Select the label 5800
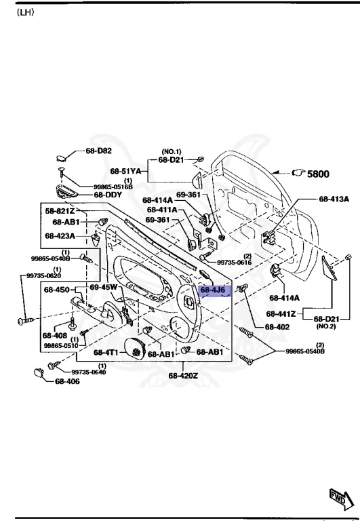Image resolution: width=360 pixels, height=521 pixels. (x=318, y=174)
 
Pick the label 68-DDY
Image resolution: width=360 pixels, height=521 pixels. (x=107, y=195)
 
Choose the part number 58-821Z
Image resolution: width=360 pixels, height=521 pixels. (x=59, y=212)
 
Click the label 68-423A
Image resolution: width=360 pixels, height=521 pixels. (x=60, y=236)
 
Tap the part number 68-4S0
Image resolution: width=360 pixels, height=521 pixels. (x=58, y=290)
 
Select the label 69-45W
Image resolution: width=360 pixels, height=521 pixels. (x=104, y=288)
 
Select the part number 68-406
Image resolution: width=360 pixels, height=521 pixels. (x=68, y=382)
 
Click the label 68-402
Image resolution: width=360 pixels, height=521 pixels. (x=278, y=327)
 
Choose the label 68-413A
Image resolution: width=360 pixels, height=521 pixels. (x=334, y=199)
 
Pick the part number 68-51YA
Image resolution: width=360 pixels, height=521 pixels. (x=126, y=171)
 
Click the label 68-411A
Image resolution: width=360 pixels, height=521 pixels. (x=162, y=210)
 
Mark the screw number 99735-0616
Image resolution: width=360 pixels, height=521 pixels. (x=235, y=262)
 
